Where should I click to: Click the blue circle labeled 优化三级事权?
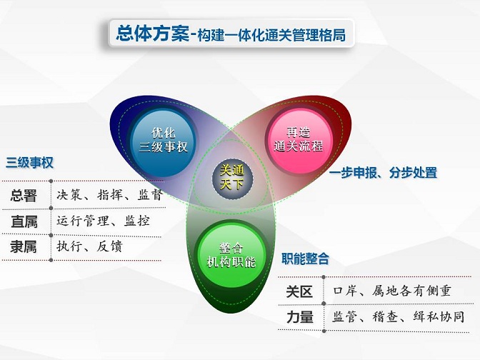click(163, 141)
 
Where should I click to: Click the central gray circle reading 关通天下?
click(232, 178)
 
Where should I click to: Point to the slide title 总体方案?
click(152, 34)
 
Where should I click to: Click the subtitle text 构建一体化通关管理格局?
click(271, 35)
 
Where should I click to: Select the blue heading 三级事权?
click(30, 163)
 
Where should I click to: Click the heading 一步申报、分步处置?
click(383, 173)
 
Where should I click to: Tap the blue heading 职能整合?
click(305, 259)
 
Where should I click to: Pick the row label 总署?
click(24, 195)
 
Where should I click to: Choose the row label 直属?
click(24, 221)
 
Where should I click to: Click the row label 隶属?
click(24, 246)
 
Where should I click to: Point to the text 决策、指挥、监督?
click(109, 195)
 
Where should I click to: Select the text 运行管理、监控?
click(103, 221)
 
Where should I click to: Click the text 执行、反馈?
click(89, 246)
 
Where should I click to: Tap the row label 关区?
click(299, 291)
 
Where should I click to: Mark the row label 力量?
click(300, 317)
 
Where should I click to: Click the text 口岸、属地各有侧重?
click(392, 291)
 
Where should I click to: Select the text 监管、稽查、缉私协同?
click(399, 316)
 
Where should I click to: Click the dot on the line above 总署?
click(51, 181)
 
